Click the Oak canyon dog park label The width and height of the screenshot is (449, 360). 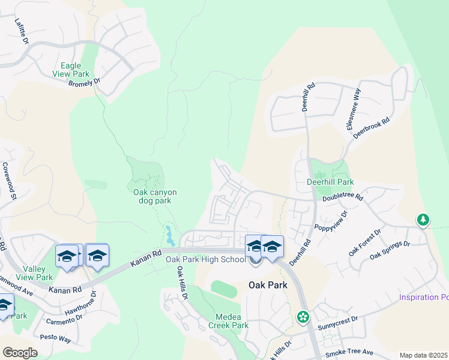(155, 196)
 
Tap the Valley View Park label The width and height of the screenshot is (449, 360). (37, 273)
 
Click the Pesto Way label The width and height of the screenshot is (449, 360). (56, 337)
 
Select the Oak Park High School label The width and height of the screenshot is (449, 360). (206, 260)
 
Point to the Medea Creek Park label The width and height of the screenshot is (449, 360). (228, 321)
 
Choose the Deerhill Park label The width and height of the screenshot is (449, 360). (330, 182)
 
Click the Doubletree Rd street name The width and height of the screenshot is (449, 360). (343, 197)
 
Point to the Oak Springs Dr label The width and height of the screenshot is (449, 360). (390, 251)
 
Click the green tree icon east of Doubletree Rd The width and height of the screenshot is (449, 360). (423, 220)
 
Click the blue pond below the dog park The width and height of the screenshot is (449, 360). (170, 236)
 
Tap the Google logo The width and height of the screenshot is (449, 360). (20, 353)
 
